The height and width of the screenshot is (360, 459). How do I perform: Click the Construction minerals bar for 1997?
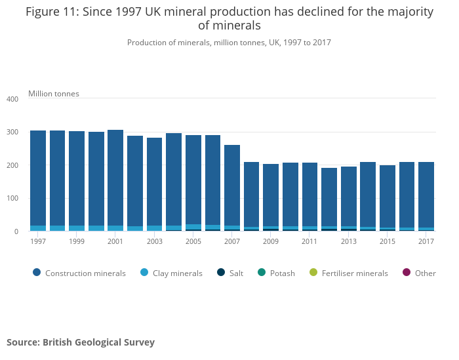(x=38, y=177)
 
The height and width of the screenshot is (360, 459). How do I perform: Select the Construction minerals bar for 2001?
(x=115, y=177)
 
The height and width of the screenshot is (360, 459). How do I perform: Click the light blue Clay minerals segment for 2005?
(x=193, y=227)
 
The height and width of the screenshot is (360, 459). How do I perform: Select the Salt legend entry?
(x=230, y=273)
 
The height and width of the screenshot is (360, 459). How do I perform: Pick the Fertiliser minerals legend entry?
(x=348, y=273)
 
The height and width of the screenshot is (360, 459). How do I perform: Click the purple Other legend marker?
(x=406, y=273)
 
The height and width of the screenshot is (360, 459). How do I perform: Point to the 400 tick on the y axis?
(x=12, y=99)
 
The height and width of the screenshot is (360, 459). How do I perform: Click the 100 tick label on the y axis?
(x=12, y=198)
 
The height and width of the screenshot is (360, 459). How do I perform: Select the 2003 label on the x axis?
(x=154, y=241)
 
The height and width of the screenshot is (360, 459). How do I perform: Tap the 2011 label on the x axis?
(x=309, y=241)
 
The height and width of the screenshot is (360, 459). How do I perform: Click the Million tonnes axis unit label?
(x=54, y=94)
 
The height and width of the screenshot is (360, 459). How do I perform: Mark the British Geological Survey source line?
(x=81, y=342)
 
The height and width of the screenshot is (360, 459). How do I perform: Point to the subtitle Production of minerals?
(x=229, y=43)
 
